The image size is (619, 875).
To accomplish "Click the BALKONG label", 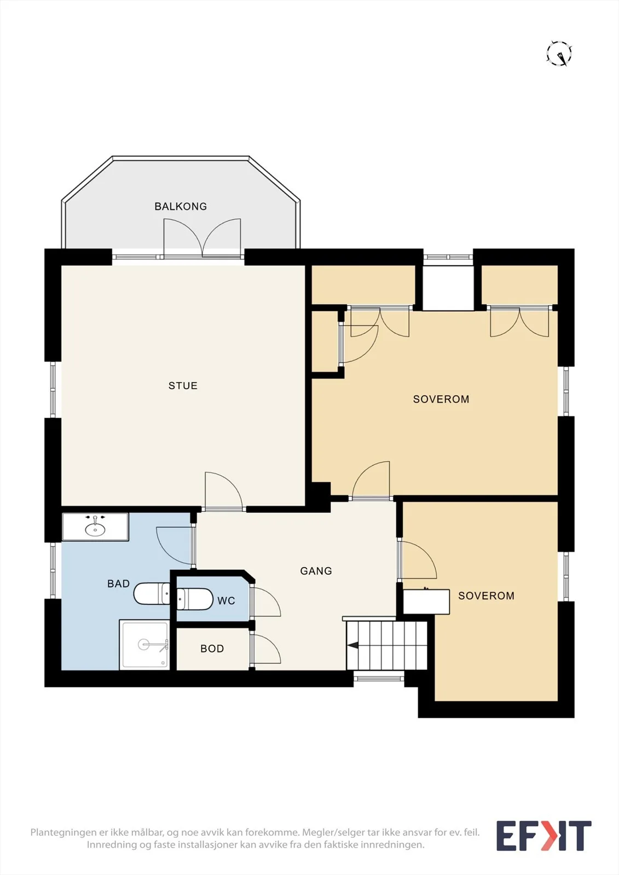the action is [181, 206].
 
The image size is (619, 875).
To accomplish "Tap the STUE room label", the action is [183, 386].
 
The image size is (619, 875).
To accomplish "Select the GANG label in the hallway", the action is [316, 571].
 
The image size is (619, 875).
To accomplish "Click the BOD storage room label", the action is [212, 649].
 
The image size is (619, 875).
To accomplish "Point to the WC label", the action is [226, 601].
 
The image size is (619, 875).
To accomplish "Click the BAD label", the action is [118, 584].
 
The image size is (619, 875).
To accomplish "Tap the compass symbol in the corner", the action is [559, 53].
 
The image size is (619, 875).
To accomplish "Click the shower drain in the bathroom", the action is [143, 644].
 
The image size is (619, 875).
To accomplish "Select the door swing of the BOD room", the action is [267, 649].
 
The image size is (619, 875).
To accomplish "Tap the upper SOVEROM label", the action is [441, 399].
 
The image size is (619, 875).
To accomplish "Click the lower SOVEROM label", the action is [486, 596].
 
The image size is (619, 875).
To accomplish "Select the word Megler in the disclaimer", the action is [315, 832].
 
